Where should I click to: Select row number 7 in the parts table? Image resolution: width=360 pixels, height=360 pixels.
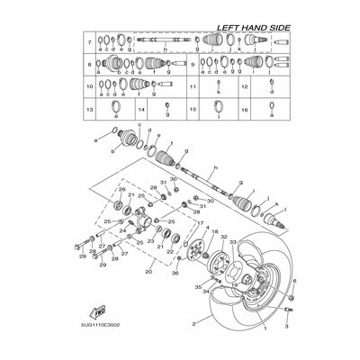point(89,42)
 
